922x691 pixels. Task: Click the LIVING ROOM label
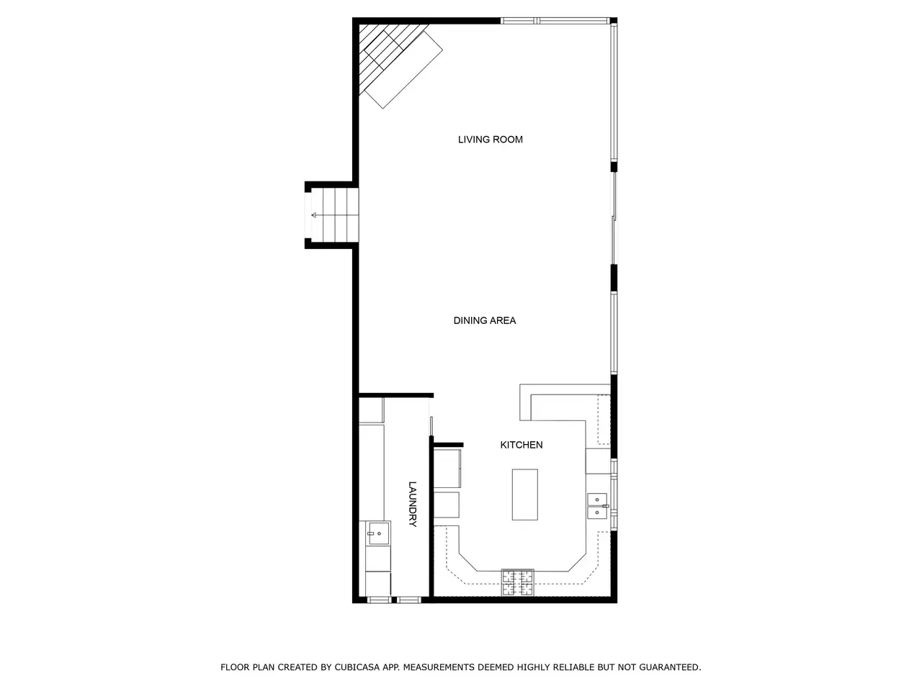[491, 140]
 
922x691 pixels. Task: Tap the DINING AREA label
[484, 320]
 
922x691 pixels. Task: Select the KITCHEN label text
[522, 445]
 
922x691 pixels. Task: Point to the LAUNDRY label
[413, 504]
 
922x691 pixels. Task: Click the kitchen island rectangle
[524, 494]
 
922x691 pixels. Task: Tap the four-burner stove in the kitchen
[518, 582]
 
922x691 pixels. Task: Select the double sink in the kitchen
[597, 506]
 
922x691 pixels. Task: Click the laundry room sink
[378, 533]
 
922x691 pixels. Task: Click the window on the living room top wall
[555, 21]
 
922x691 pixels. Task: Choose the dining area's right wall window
[614, 333]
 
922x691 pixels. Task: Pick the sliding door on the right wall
[614, 218]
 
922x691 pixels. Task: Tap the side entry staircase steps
[335, 215]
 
